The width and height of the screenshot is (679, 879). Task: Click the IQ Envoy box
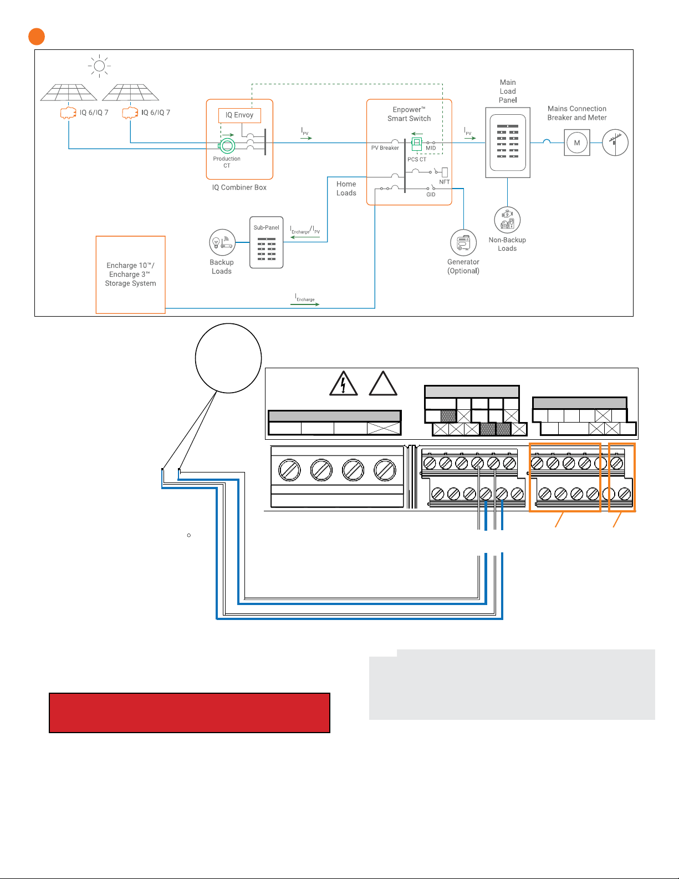[x=239, y=115]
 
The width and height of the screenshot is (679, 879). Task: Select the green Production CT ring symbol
[x=228, y=145]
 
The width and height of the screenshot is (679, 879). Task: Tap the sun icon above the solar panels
[x=99, y=65]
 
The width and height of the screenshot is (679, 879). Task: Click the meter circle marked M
[x=577, y=143]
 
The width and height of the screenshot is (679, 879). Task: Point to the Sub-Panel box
[x=267, y=242]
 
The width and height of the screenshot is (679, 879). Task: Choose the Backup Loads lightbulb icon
[x=222, y=242]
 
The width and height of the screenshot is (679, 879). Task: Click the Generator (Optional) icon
[x=463, y=243]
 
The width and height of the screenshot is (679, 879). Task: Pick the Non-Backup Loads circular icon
[x=507, y=220]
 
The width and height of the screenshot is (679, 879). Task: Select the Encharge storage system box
[x=131, y=275]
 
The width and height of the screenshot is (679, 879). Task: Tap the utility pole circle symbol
[x=615, y=143]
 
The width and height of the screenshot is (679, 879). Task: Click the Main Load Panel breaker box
[x=508, y=143]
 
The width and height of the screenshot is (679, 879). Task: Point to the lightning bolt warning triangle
[x=343, y=383]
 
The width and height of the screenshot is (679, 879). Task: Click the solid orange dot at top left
[x=37, y=37]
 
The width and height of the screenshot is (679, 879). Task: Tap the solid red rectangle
[x=190, y=713]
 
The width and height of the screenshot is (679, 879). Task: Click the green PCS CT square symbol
[x=417, y=143]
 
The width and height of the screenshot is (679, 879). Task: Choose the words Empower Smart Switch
[x=409, y=114]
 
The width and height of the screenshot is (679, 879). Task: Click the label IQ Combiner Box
[x=239, y=187]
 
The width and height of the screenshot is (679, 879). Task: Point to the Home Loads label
[x=346, y=189]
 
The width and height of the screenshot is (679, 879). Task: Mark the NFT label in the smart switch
[x=444, y=182]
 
